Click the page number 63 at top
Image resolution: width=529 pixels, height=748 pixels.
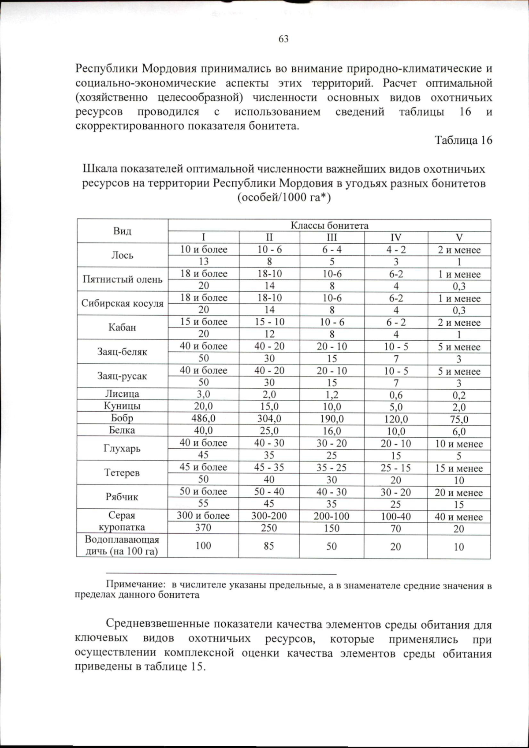tap(283, 39)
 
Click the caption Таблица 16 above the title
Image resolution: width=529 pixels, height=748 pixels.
tap(463, 140)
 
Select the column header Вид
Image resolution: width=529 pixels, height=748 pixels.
tap(122, 231)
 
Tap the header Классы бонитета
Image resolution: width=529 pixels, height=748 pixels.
tap(329, 225)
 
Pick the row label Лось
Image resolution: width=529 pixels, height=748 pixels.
tap(122, 255)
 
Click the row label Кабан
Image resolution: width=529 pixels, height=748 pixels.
tap(122, 327)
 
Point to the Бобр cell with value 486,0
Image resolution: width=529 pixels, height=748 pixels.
tap(203, 418)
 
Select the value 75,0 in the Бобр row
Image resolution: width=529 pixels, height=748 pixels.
tap(459, 419)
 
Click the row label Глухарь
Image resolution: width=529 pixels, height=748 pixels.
tap(122, 449)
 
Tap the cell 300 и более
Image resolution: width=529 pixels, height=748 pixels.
tap(203, 515)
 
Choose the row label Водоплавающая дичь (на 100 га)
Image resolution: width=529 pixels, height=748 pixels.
tap(122, 545)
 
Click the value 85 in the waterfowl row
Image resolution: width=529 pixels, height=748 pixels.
tap(269, 546)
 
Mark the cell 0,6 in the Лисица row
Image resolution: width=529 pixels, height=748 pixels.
tap(396, 395)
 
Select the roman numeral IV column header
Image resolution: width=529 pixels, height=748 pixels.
tap(396, 237)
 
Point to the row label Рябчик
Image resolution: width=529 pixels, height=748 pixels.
tap(122, 497)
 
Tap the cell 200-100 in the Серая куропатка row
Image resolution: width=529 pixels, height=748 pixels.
tap(332, 516)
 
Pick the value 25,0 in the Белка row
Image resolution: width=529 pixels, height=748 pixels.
tap(269, 431)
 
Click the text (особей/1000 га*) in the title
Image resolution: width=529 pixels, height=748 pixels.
tap(284, 197)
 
